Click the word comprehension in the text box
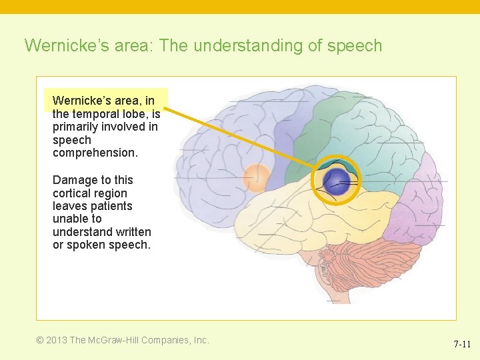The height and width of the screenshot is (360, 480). pyautogui.click(x=95, y=153)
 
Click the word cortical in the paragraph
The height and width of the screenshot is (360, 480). pyautogui.click(x=70, y=193)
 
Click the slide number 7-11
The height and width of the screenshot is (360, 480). pyautogui.click(x=462, y=344)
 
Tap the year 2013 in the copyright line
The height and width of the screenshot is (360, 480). pyautogui.click(x=56, y=340)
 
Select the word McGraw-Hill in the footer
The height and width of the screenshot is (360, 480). pyautogui.click(x=115, y=340)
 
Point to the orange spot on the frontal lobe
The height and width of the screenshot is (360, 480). pyautogui.click(x=256, y=178)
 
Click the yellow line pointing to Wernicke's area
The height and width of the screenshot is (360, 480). pyautogui.click(x=240, y=136)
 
